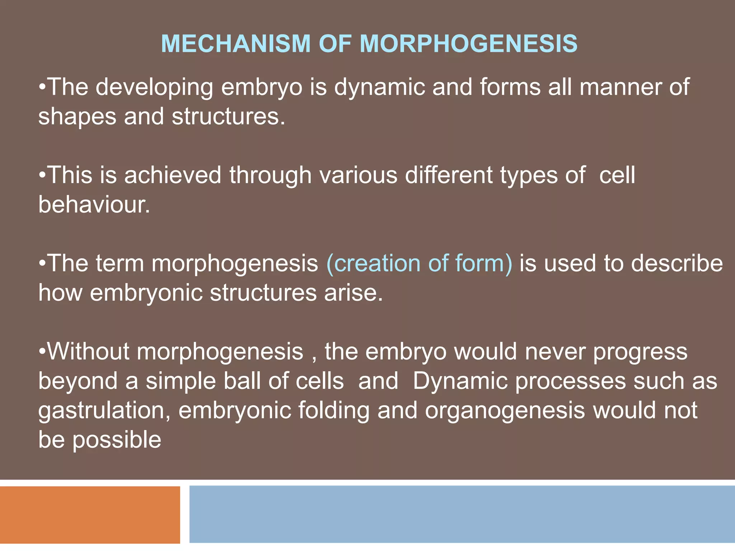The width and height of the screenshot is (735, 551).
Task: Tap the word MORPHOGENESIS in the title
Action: click(x=468, y=44)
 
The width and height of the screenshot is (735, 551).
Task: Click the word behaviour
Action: click(x=94, y=205)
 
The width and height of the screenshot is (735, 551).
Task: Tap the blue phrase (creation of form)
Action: click(x=419, y=264)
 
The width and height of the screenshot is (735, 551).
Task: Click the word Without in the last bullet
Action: click(x=88, y=352)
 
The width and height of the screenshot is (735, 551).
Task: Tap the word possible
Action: click(x=117, y=440)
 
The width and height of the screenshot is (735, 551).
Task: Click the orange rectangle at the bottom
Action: click(x=90, y=515)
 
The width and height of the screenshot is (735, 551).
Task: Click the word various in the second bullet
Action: click(x=359, y=176)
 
